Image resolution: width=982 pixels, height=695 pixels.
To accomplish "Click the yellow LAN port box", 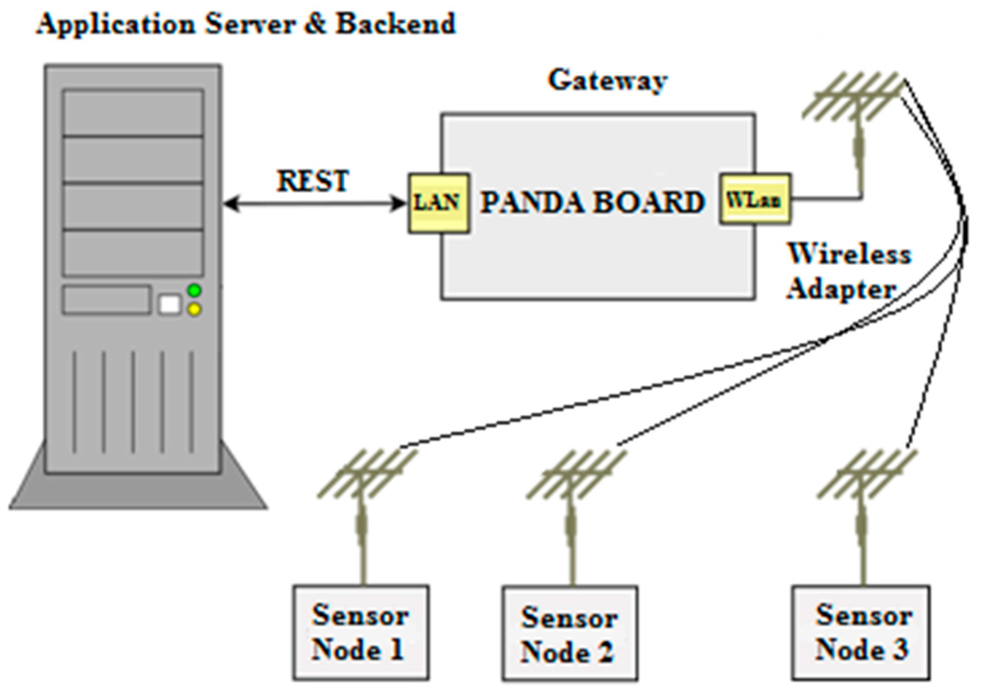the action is tap(439, 203).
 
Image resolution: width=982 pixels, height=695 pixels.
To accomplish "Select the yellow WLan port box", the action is tap(755, 199).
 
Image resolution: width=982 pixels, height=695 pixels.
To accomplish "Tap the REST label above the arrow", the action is tap(312, 181).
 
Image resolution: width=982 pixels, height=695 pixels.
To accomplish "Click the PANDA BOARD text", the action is tap(592, 203).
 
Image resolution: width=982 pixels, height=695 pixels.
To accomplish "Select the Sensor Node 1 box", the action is tap(361, 632).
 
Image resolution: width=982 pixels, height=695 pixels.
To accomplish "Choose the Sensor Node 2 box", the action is tap(570, 634).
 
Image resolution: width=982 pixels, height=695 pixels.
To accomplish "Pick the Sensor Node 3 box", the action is tap(860, 632).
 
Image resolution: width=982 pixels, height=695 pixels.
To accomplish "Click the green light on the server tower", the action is tap(194, 290).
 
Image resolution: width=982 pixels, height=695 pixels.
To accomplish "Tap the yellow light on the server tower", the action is tap(194, 310).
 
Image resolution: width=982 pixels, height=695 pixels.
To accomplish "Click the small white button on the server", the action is tap(170, 305).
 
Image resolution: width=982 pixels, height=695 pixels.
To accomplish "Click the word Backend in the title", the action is tap(396, 24).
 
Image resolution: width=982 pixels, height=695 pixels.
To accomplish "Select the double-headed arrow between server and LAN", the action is tap(314, 204).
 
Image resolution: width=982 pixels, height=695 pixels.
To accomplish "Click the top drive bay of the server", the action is tap(133, 112).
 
